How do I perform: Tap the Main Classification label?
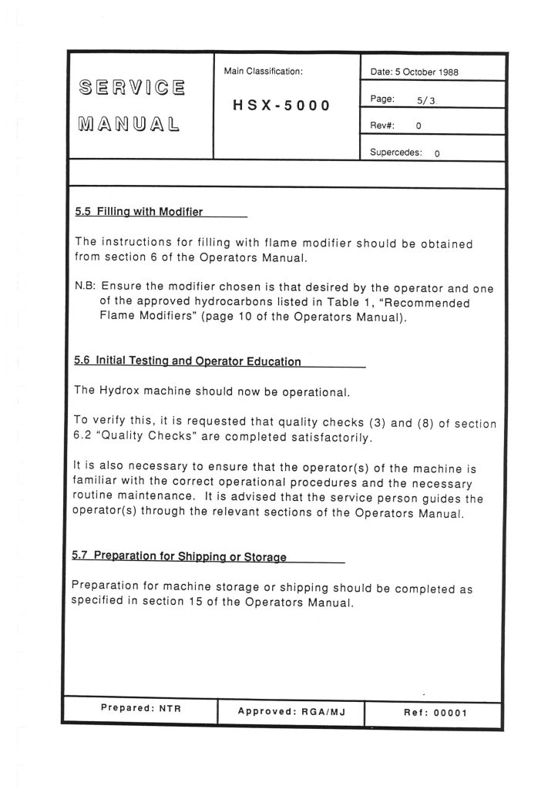[x=263, y=71]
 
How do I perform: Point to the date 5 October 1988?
[x=415, y=72]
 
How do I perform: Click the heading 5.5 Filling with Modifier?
[x=139, y=211]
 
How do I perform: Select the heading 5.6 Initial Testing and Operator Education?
[x=188, y=361]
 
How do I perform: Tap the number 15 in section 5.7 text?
[x=193, y=603]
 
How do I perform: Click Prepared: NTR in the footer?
[x=140, y=707]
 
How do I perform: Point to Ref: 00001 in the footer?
[x=435, y=712]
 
